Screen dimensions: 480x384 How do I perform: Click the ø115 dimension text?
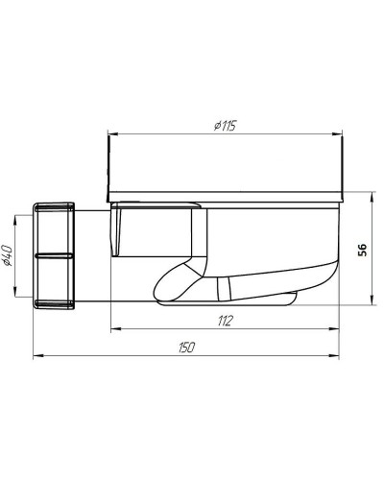point(226,124)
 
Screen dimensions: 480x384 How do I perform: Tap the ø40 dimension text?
point(9,256)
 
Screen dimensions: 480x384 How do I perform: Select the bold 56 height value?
point(362,249)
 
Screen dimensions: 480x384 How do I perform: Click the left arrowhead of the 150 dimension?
point(36,356)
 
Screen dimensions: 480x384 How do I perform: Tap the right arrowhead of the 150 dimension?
point(339,356)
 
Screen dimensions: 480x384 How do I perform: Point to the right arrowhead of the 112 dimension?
point(339,328)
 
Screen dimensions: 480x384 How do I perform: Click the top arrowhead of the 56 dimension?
point(373,195)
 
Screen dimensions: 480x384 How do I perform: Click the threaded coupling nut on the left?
point(55,255)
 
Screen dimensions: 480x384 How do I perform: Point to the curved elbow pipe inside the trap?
point(182,278)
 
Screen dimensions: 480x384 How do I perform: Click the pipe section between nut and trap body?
point(92,255)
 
